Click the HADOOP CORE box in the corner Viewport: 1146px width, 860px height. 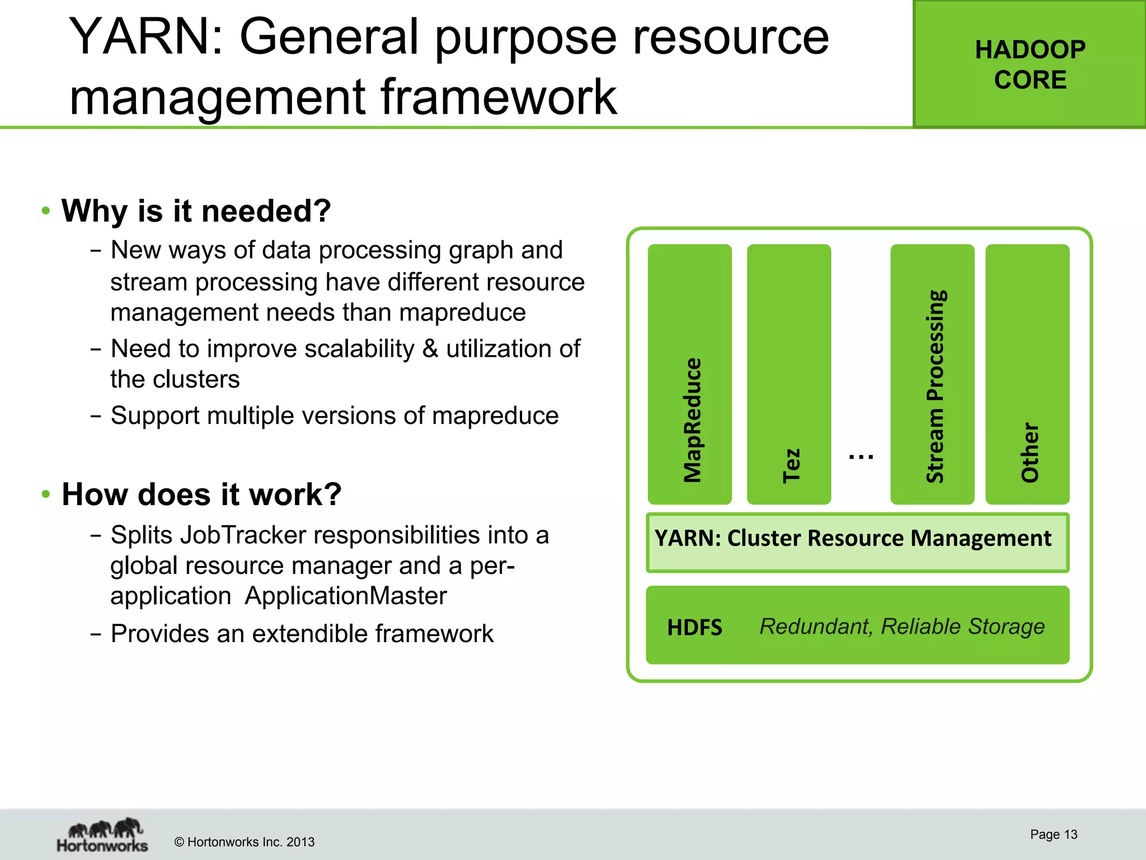tap(1030, 64)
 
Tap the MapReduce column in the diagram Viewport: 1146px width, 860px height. tap(690, 374)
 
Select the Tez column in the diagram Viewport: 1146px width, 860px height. tap(789, 374)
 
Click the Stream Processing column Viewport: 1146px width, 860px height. tap(932, 374)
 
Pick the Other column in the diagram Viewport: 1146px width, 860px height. tap(1027, 374)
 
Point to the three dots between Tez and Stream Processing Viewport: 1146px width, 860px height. tap(861, 457)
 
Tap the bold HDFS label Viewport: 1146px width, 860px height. tap(694, 628)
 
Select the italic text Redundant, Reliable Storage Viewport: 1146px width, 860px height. tap(902, 626)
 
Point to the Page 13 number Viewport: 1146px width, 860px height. tap(1053, 834)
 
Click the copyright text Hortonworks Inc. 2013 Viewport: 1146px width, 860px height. tap(245, 842)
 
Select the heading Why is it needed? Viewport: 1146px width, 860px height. tap(196, 211)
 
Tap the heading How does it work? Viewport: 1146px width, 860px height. tap(201, 494)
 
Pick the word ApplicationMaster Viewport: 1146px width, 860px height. tap(346, 596)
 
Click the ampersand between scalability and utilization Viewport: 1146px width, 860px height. tap(430, 349)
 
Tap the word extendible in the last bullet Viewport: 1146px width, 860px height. tap(311, 634)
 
